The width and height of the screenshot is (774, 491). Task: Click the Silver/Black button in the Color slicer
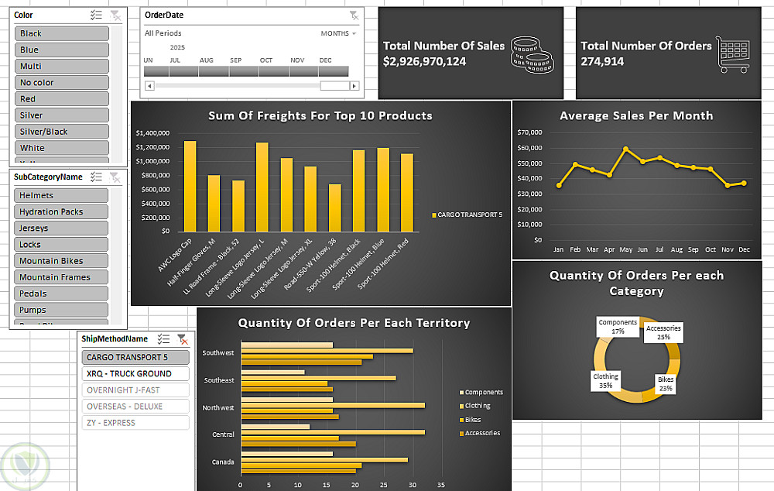point(62,132)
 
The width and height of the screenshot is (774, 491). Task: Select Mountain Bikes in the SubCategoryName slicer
point(62,261)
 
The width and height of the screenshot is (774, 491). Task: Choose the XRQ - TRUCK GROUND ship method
point(135,374)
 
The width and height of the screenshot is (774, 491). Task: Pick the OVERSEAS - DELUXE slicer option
point(135,407)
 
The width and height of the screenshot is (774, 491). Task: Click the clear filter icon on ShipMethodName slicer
point(182,339)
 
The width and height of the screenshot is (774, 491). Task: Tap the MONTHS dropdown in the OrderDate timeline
point(338,34)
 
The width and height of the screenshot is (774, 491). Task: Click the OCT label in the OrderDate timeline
point(266,60)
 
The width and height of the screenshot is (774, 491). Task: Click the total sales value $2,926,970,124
point(424,61)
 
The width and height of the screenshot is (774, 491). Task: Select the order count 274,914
point(602,61)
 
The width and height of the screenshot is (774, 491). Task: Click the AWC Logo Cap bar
point(190,186)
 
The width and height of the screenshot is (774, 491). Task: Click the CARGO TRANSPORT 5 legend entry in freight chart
point(469,215)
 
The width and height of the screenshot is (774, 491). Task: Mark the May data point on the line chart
point(626,149)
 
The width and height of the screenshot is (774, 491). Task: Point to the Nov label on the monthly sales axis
point(727,250)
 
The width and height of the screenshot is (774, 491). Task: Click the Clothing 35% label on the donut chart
point(606,380)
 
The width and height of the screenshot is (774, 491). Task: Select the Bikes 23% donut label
point(666,384)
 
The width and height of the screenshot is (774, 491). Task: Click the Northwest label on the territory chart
point(218,407)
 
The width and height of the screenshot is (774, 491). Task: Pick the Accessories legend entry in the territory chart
point(481,434)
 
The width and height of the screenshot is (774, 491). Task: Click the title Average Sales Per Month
point(636,115)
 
